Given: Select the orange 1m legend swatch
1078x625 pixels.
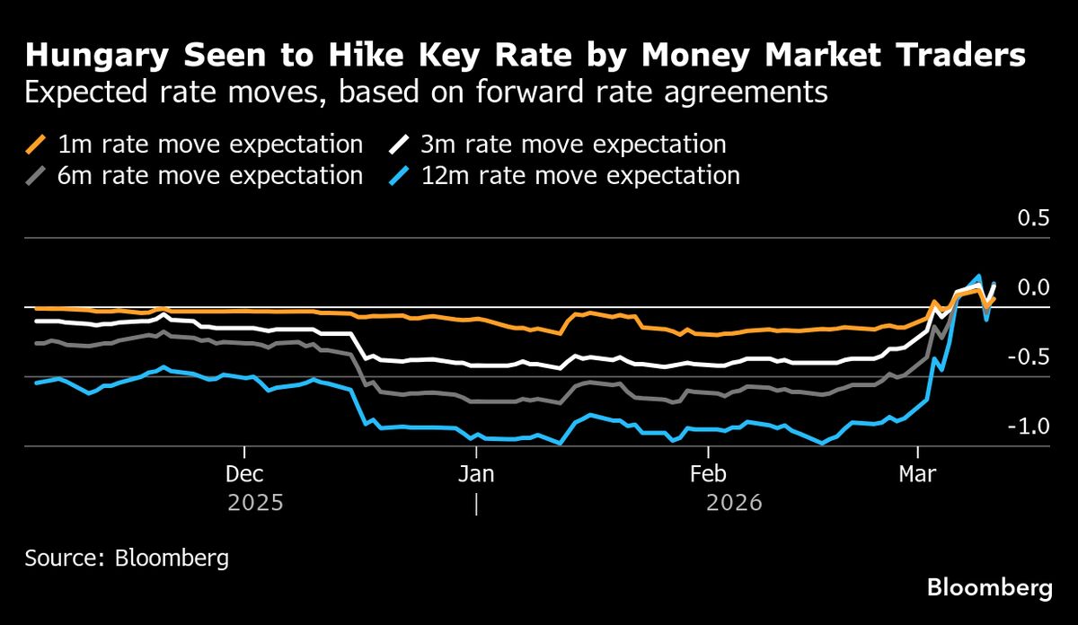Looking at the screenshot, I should click(36, 144).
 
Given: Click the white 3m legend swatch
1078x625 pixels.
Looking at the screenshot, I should click(401, 144).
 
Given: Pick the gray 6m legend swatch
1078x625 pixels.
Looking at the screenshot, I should click(36, 175).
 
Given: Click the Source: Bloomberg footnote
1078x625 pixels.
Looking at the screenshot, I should click(127, 558).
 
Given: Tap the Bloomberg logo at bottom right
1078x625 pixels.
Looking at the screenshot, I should click(989, 588).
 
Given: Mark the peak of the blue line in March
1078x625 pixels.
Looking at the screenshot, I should click(978, 276).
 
